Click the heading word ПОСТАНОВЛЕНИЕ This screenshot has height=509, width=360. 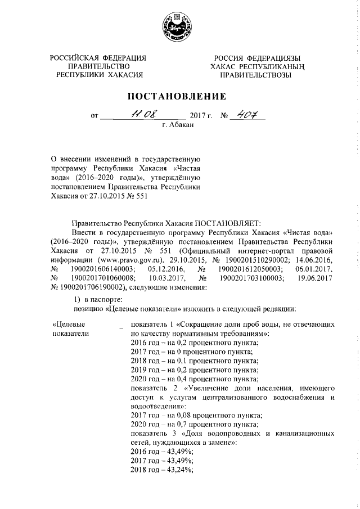pos(179,96)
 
